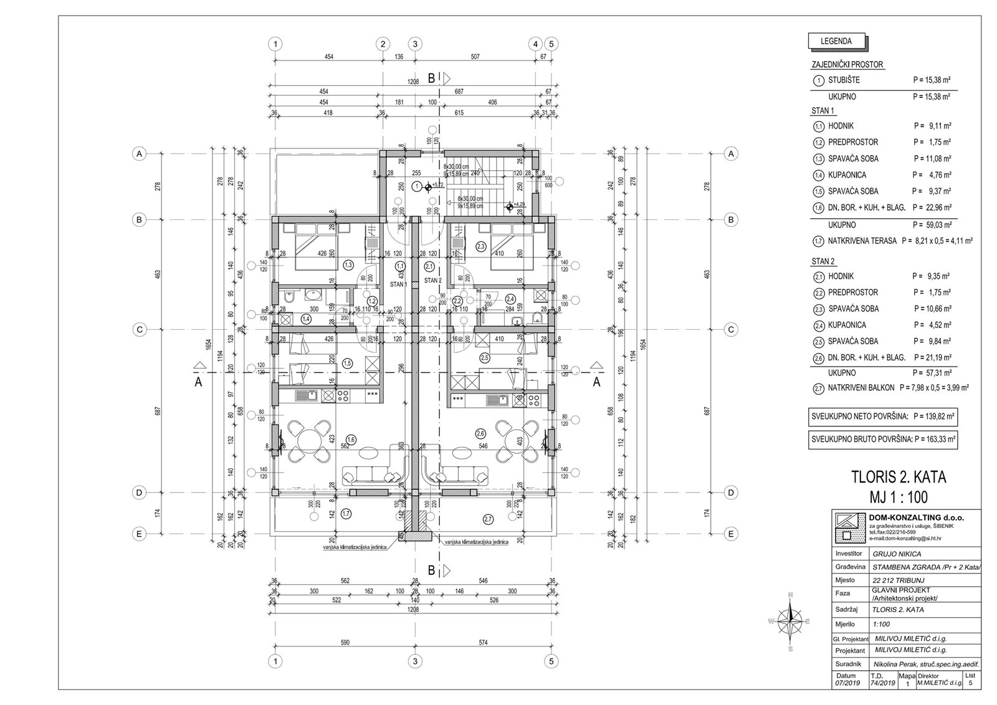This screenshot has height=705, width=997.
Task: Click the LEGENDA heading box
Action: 836,42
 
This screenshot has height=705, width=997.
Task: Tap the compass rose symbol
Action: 790,621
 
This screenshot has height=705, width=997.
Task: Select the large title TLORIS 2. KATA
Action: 899,477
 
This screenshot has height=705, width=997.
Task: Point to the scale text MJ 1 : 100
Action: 899,497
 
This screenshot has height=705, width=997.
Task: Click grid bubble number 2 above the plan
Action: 383,44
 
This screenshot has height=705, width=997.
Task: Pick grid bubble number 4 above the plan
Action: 535,44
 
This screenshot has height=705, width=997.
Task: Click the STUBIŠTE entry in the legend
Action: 844,80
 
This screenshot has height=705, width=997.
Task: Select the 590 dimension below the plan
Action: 345,643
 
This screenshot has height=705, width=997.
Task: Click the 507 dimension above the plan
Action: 475,57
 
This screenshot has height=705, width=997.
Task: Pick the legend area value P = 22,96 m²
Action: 932,208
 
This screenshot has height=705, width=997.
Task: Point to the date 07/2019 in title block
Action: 847,683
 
